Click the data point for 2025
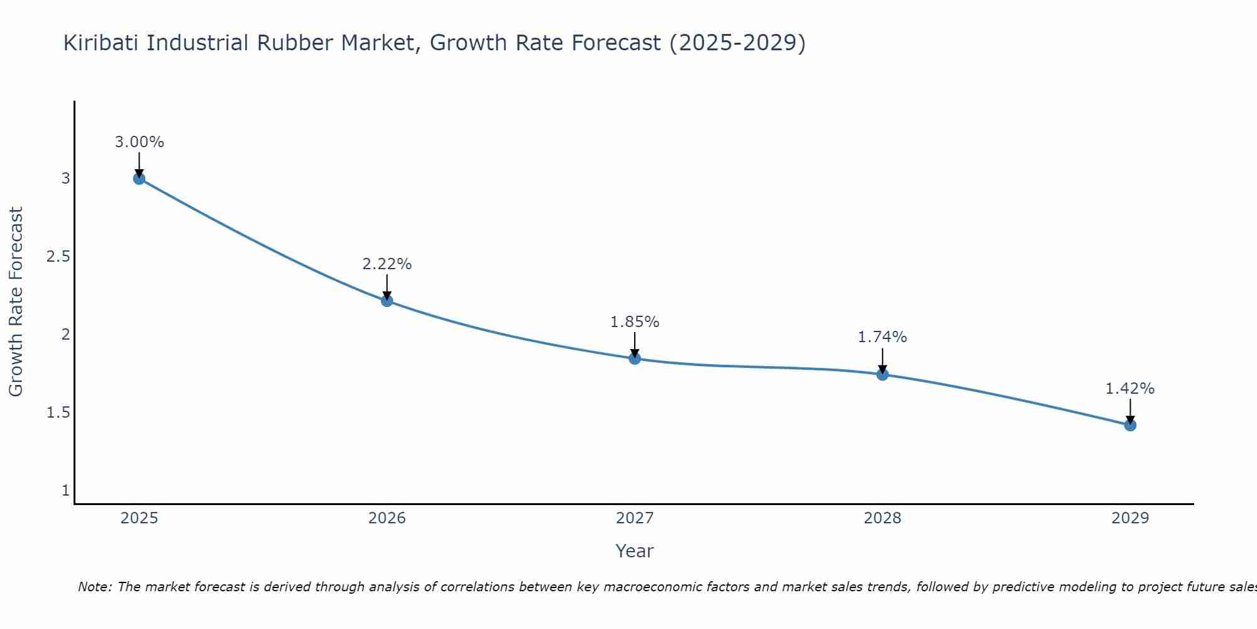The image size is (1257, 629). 139,179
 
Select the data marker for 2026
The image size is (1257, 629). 387,301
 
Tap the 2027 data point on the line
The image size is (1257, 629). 635,359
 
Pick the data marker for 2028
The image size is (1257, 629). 882,375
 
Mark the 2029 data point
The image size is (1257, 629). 1130,425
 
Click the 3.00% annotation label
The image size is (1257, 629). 139,142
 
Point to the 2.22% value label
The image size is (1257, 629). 387,264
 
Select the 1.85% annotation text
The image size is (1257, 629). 635,322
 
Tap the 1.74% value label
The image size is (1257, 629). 882,337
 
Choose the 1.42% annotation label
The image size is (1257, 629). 1130,389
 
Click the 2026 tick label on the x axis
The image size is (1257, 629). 387,518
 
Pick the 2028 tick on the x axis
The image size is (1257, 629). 882,518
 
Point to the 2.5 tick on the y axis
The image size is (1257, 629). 58,257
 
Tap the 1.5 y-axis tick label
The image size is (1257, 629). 58,413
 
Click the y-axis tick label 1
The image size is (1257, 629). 65,491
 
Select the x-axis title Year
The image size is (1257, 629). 635,551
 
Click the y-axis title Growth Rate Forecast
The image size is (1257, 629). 16,302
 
